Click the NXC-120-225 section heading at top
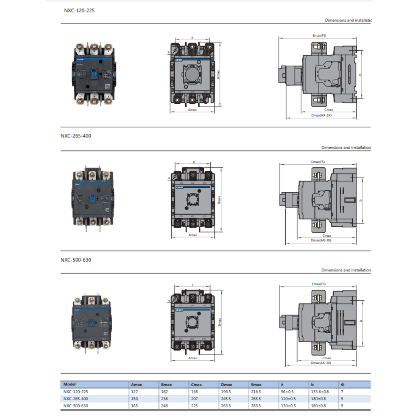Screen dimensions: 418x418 [x=79, y=10]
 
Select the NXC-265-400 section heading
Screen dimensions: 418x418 [x=76, y=136]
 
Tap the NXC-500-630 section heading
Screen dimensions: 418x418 [x=76, y=260]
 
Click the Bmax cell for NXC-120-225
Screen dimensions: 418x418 [x=164, y=391]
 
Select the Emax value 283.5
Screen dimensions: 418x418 [x=256, y=406]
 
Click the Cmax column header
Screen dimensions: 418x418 [x=197, y=385]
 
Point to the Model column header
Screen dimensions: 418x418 [x=70, y=384]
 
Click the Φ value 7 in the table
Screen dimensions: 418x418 [x=342, y=391]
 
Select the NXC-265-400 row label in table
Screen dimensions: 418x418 [x=76, y=399]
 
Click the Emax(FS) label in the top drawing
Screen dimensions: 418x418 [x=319, y=35]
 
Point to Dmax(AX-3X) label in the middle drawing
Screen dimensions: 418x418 [x=321, y=240]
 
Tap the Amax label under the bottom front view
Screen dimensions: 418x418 [x=193, y=358]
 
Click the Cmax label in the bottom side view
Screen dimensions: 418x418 [x=327, y=358]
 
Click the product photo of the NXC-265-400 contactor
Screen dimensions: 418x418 [x=92, y=197]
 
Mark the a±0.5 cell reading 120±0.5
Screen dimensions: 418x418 [x=288, y=399]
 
